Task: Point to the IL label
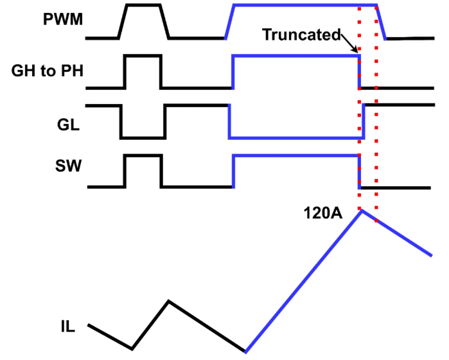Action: click(x=64, y=328)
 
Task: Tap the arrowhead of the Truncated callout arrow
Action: click(x=357, y=55)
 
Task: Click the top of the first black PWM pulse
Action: click(x=143, y=6)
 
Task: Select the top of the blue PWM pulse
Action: click(x=302, y=6)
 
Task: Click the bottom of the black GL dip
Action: click(x=143, y=137)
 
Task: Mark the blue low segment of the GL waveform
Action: click(x=295, y=137)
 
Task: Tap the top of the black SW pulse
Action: click(x=143, y=156)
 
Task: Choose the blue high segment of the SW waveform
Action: click(x=295, y=156)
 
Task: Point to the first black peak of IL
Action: click(x=168, y=300)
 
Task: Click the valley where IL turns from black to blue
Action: click(x=245, y=352)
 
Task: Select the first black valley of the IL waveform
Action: click(x=132, y=349)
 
